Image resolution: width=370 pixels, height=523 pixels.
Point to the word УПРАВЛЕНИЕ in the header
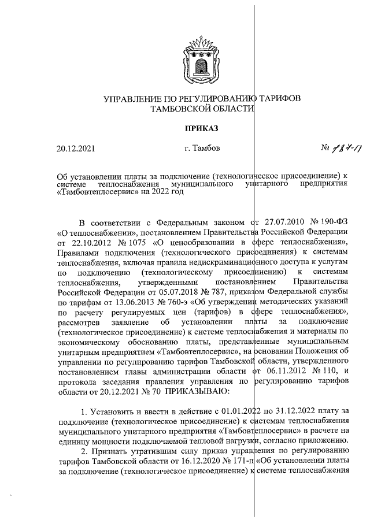tap(131, 99)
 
